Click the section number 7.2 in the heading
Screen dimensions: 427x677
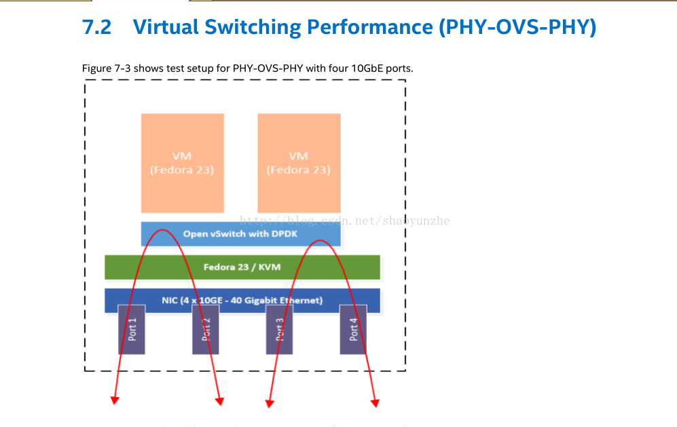(x=96, y=27)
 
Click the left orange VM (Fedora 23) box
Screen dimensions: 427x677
(x=182, y=163)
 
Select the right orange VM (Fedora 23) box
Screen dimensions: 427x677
(x=299, y=163)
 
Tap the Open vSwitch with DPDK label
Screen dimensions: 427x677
(x=240, y=234)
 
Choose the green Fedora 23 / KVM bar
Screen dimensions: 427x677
(x=242, y=267)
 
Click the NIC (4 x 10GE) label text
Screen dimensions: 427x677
(x=242, y=300)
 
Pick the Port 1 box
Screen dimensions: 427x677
(x=132, y=329)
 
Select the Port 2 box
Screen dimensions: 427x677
(x=205, y=329)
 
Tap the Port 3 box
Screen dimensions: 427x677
(x=279, y=329)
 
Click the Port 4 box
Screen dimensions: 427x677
(x=353, y=329)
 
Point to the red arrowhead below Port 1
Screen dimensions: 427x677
(x=115, y=401)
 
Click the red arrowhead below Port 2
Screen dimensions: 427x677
(x=219, y=403)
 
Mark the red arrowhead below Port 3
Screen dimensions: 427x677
(x=270, y=403)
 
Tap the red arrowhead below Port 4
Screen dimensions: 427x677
(x=375, y=403)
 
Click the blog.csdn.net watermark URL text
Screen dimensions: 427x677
(x=346, y=221)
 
